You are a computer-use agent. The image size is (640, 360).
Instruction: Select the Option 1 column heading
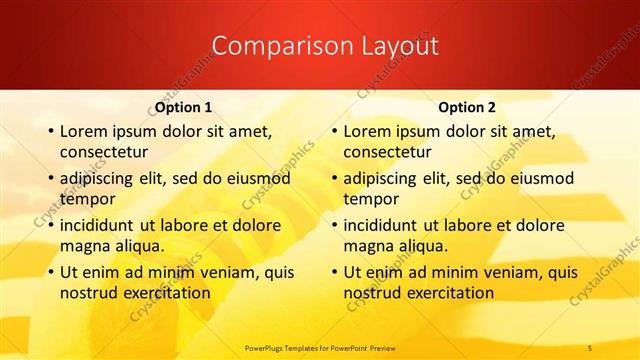tap(184, 107)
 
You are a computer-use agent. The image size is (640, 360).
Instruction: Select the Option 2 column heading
tap(467, 107)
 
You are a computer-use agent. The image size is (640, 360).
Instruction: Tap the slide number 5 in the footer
tap(590, 347)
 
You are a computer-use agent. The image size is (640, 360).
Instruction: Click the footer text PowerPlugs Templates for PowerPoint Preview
tap(319, 347)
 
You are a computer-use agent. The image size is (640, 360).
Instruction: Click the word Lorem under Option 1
tap(84, 131)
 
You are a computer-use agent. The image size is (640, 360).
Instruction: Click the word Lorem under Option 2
tap(368, 131)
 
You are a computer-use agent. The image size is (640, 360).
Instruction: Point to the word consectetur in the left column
tap(104, 152)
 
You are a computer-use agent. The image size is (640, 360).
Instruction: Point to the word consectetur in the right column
tap(388, 152)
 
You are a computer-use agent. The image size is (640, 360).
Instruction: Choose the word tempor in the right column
tap(370, 198)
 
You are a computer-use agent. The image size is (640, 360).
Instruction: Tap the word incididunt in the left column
tap(98, 225)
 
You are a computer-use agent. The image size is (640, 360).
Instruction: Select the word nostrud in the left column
tap(87, 293)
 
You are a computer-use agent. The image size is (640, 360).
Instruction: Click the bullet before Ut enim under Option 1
tap(51, 272)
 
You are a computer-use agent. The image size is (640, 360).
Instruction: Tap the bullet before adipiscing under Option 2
tap(335, 179)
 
